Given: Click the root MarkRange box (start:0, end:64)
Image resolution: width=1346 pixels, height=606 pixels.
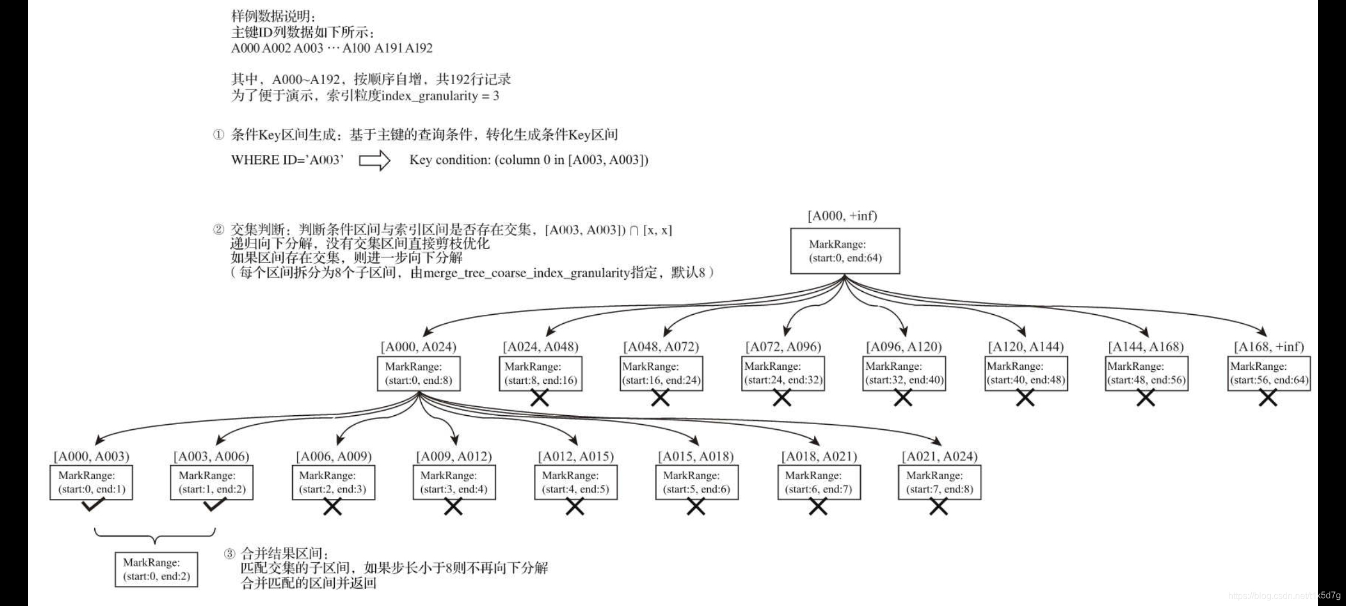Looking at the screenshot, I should pyautogui.click(x=845, y=251).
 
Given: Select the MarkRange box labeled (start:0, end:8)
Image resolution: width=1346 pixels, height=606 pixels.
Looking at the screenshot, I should pyautogui.click(x=418, y=374).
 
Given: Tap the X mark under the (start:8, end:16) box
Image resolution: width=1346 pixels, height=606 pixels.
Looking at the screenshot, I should pyautogui.click(x=540, y=398).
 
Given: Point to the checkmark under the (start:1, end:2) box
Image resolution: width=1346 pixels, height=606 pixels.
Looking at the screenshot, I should pyautogui.click(x=214, y=506).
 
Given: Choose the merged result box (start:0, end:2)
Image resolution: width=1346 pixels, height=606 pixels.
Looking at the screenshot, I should pyautogui.click(x=156, y=570).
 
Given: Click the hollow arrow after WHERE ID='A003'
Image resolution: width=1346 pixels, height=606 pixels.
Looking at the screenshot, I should pyautogui.click(x=374, y=160).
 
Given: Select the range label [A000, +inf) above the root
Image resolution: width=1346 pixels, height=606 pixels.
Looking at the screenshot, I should pyautogui.click(x=842, y=216).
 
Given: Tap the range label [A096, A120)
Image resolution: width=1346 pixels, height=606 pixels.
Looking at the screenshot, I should pyautogui.click(x=904, y=347).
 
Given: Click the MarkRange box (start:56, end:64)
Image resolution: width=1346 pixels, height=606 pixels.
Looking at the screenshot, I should pyautogui.click(x=1269, y=374).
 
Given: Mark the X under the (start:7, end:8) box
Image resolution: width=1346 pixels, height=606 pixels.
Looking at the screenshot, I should pyautogui.click(x=938, y=507).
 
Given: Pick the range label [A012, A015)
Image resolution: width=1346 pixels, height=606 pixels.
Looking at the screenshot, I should pyautogui.click(x=575, y=456).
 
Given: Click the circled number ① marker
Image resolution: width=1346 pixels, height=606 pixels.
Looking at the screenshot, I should pyautogui.click(x=218, y=135).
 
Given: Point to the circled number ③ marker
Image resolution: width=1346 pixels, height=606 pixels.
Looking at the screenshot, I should pyautogui.click(x=229, y=554).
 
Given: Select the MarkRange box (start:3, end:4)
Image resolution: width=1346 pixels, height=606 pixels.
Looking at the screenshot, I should pyautogui.click(x=454, y=483).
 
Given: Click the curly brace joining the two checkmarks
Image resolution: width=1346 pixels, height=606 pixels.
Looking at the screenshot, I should pyautogui.click(x=155, y=536).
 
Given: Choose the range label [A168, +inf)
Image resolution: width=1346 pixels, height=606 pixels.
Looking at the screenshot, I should pyautogui.click(x=1269, y=347).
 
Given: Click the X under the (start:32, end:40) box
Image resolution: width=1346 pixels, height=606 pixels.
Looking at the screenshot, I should pyautogui.click(x=903, y=398).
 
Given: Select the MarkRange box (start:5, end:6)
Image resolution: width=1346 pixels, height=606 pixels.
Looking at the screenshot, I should pyautogui.click(x=697, y=483).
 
